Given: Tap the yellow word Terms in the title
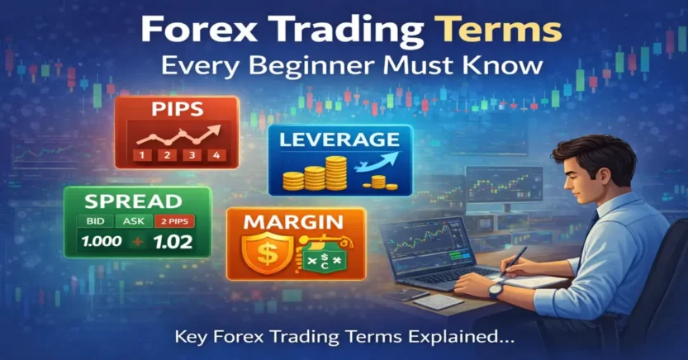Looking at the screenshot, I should (x=497, y=31).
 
